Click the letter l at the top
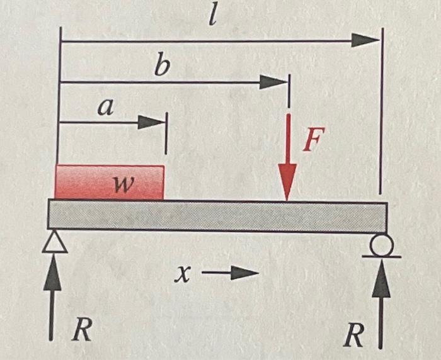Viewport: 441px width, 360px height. tap(213, 17)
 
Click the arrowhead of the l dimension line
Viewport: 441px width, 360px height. tap(365, 41)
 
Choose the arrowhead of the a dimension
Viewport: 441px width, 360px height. tap(151, 121)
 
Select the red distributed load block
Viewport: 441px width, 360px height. tap(109, 183)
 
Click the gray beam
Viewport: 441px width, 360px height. tap(217, 215)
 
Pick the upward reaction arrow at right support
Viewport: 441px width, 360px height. tap(380, 302)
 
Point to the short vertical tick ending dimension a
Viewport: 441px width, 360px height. tap(165, 133)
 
